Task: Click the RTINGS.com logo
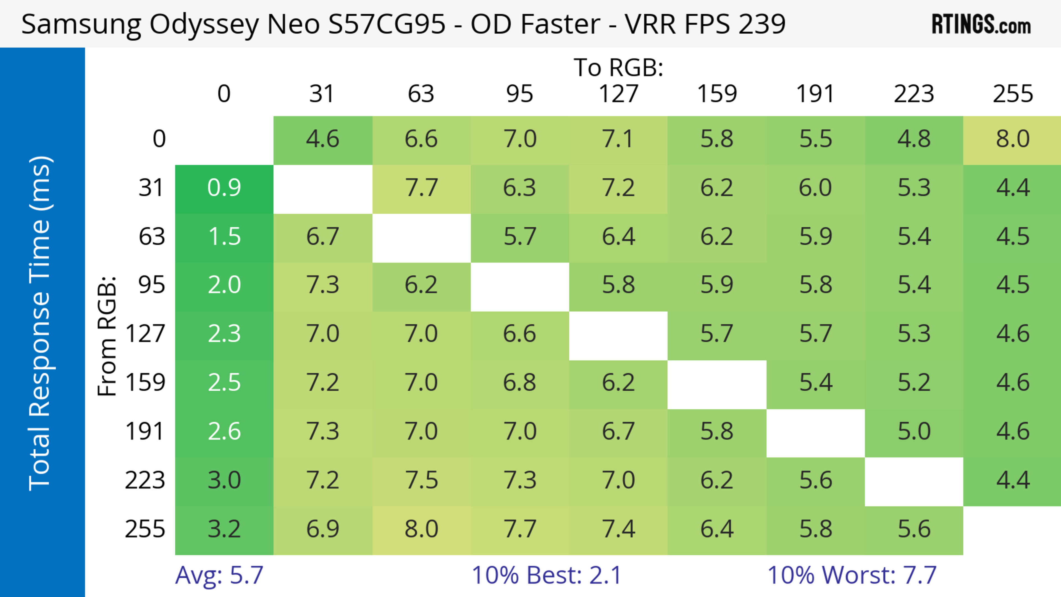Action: tap(981, 24)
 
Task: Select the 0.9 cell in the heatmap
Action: tap(224, 188)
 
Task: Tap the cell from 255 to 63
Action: tap(421, 529)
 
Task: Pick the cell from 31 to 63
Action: tap(421, 188)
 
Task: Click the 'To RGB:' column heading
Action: tap(618, 67)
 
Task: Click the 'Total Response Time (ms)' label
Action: tap(40, 323)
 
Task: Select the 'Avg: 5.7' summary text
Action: tap(219, 575)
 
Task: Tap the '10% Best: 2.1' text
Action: tap(546, 575)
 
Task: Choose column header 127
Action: tap(618, 94)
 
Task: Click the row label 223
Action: tap(145, 480)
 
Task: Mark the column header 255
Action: tap(1012, 94)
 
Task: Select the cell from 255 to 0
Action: tap(224, 529)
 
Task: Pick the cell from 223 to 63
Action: tap(421, 480)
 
